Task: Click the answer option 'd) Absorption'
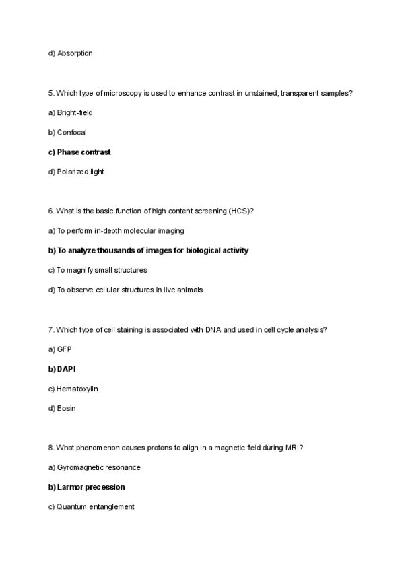pyautogui.click(x=70, y=53)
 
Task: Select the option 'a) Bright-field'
pyautogui.click(x=70, y=112)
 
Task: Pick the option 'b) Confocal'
pyautogui.click(x=67, y=132)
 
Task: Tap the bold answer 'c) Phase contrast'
pyautogui.click(x=79, y=152)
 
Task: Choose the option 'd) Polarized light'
pyautogui.click(x=76, y=172)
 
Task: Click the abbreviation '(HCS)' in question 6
pyautogui.click(x=241, y=211)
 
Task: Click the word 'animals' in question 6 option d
pyautogui.click(x=190, y=290)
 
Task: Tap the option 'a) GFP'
pyautogui.click(x=60, y=349)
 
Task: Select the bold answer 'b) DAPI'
pyautogui.click(x=62, y=369)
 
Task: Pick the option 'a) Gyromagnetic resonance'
pyautogui.click(x=94, y=467)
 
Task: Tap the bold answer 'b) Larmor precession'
pyautogui.click(x=86, y=487)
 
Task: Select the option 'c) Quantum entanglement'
pyautogui.click(x=91, y=506)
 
